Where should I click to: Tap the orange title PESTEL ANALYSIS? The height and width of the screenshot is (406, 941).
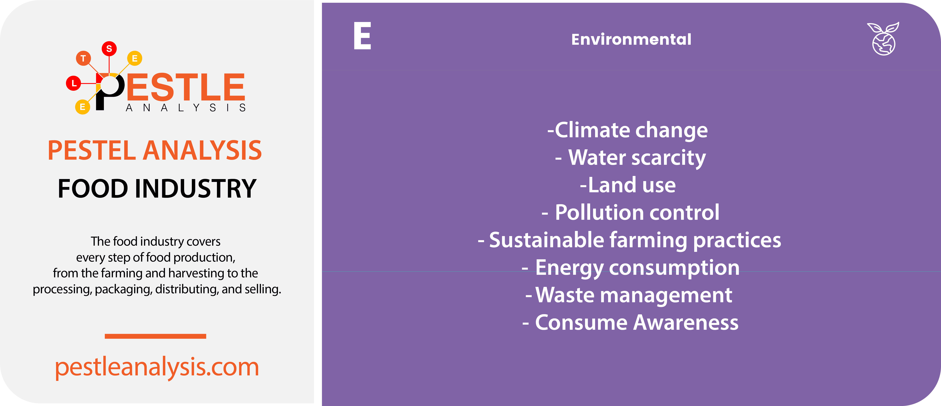(x=155, y=150)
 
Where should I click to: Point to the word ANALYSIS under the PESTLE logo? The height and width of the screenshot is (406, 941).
(x=186, y=108)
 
